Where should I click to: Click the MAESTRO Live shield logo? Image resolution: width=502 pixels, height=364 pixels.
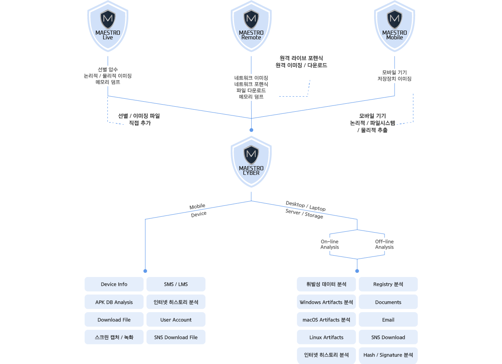pos(108,26)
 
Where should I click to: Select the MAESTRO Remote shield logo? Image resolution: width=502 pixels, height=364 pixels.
pos(251,26)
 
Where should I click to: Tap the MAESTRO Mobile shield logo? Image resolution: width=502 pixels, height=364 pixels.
pos(395,26)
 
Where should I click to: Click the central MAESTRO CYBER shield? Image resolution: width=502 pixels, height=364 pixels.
pos(251,161)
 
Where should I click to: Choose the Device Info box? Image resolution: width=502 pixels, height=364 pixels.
pos(114,285)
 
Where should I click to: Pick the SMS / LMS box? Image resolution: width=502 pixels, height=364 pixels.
pos(176,285)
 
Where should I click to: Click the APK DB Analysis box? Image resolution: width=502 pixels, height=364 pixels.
pos(114,302)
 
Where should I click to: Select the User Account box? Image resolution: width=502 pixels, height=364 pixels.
pos(176,320)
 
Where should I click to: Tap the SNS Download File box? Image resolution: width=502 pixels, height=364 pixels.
pos(176,337)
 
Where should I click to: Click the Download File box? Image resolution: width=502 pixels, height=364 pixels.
pos(114,320)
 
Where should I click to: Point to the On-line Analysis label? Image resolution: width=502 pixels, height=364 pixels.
pos(330,244)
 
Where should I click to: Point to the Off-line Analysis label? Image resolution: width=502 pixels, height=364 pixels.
pos(384,244)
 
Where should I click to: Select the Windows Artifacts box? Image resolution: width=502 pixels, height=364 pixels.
pos(326,302)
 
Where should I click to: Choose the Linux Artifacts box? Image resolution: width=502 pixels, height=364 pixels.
pos(326,337)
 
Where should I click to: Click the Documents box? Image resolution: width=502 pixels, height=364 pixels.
pos(388,302)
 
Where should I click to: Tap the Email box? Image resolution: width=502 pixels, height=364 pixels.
pos(388,320)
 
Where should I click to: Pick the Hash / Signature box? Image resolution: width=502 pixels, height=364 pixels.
pos(388,355)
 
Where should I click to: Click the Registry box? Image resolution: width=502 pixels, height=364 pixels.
pos(388,285)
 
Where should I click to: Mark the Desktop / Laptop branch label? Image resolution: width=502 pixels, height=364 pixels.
pos(306,206)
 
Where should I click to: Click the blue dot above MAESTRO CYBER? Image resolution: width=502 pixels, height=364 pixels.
pos(251,130)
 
